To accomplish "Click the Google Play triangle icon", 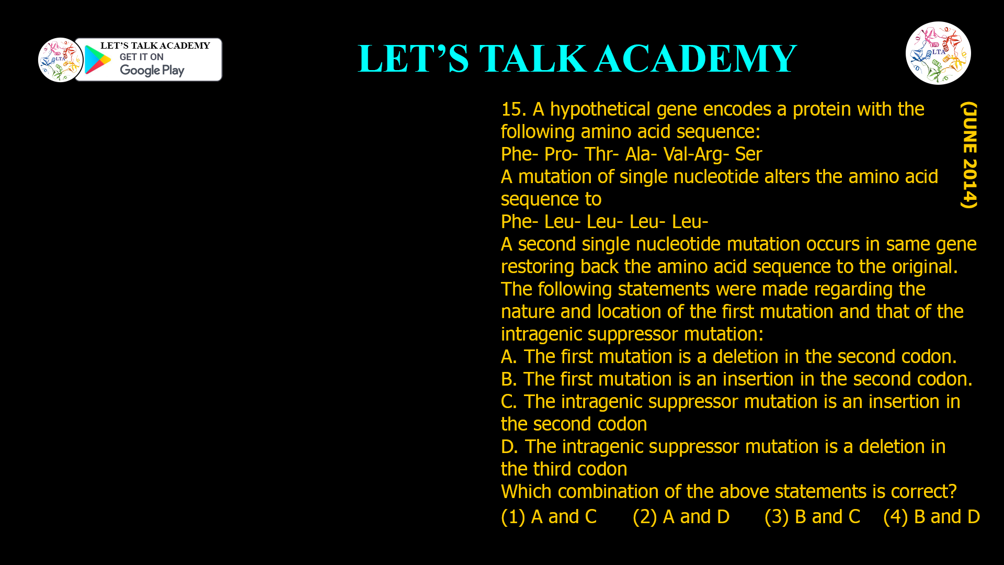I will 97,60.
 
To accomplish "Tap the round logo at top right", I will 938,53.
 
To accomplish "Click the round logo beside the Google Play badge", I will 60,60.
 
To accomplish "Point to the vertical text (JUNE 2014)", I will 969,155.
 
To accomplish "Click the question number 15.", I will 512,109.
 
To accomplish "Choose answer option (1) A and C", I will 549,517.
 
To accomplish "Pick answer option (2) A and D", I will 681,517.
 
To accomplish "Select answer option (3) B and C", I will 812,517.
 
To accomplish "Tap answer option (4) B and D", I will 931,517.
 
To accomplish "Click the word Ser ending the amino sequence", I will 748,154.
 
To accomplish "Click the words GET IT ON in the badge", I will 141,57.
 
